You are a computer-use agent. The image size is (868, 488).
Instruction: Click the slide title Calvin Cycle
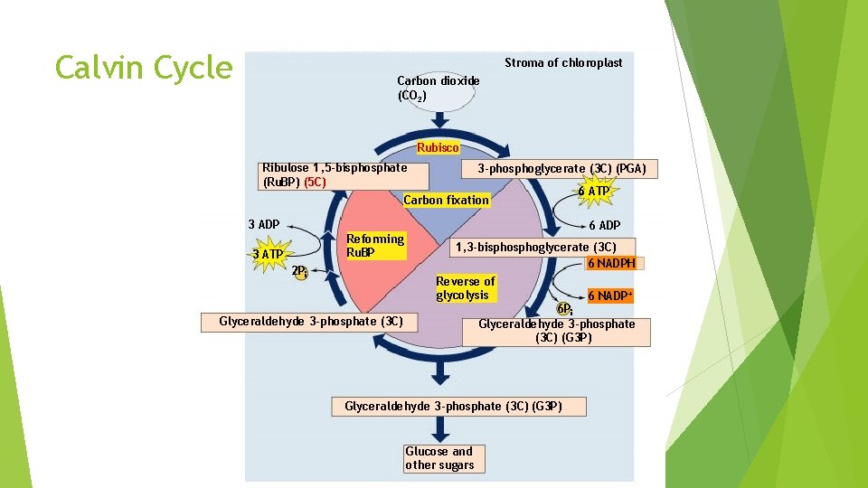[x=144, y=67]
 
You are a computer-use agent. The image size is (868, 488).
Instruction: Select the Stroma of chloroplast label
[x=563, y=62]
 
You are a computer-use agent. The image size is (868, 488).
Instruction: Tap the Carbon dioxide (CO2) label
[x=439, y=88]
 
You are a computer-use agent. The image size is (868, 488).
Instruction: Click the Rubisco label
[x=438, y=147]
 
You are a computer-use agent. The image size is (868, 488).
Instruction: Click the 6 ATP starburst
[x=594, y=192]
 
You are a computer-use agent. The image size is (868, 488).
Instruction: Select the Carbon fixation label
[x=447, y=200]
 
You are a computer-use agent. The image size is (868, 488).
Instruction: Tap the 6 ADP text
[x=604, y=225]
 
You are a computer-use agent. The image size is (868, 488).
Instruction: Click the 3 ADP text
[x=264, y=224]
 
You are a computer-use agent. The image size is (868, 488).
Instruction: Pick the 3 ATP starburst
[x=268, y=254]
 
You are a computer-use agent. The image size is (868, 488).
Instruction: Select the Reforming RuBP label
[x=375, y=246]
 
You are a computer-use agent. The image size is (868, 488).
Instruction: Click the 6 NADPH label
[x=611, y=263]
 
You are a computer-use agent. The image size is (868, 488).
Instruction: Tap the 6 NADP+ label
[x=610, y=296]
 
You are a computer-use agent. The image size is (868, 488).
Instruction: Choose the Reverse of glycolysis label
[x=466, y=288]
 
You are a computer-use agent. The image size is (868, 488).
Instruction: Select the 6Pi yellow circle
[x=565, y=308]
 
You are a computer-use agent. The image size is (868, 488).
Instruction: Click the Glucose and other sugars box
[x=439, y=458]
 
